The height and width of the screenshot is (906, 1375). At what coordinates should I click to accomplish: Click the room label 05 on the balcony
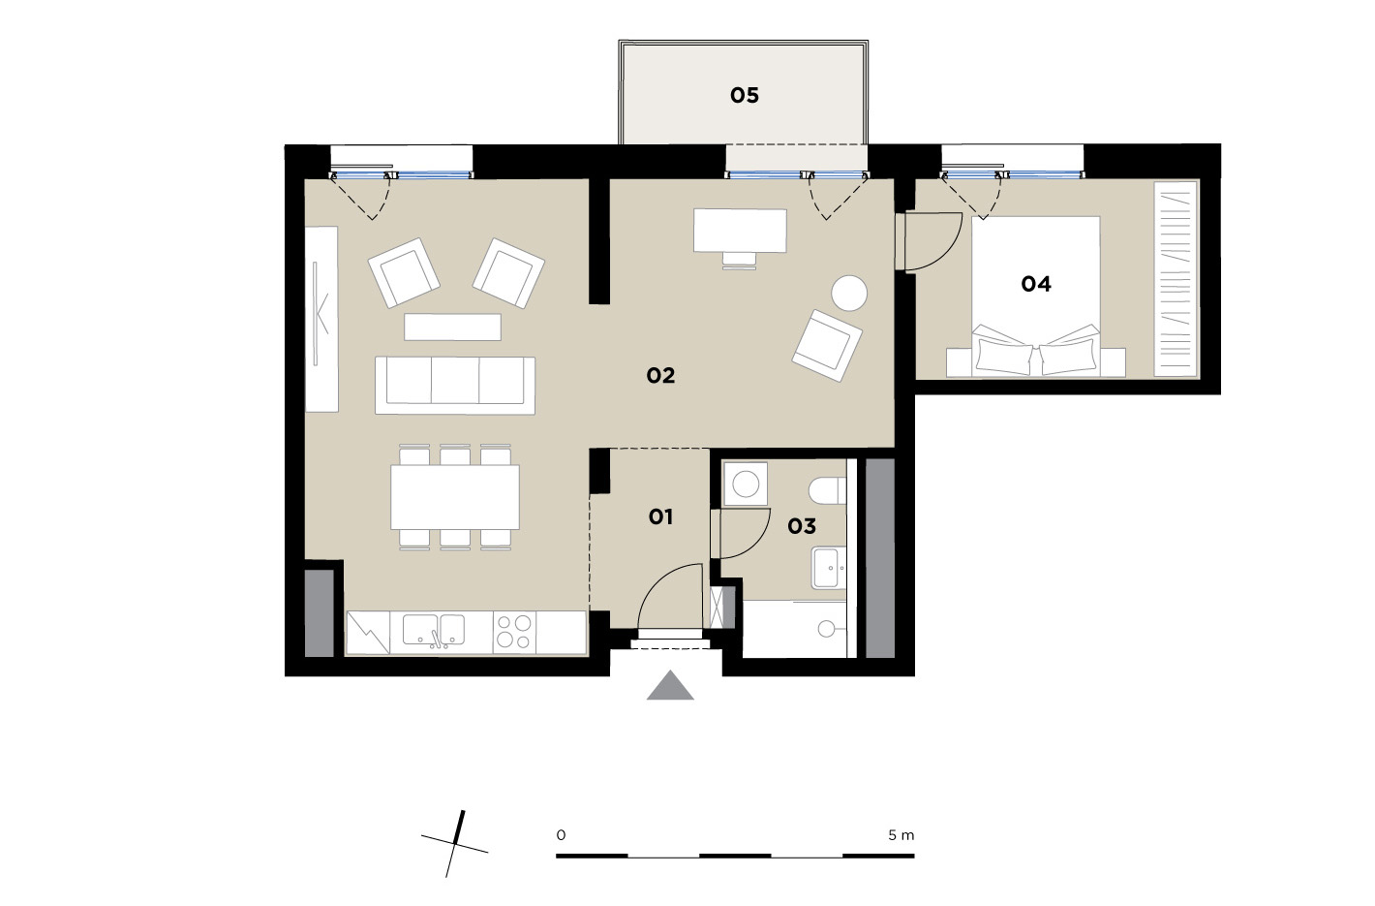(744, 95)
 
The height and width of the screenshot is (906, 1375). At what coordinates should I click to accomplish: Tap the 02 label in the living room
(660, 375)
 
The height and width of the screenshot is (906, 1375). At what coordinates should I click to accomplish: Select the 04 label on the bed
(1036, 284)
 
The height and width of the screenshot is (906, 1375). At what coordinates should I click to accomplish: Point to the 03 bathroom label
(802, 526)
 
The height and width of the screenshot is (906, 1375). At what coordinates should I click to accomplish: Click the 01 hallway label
(660, 517)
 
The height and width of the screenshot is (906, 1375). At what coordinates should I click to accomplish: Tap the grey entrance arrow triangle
(670, 685)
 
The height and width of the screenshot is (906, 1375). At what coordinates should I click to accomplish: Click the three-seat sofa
(455, 385)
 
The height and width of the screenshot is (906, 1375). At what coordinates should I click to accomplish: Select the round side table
(849, 293)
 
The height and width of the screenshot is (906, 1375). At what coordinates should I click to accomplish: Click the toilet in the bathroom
(828, 490)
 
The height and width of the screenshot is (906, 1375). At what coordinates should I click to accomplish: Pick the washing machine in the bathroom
(746, 484)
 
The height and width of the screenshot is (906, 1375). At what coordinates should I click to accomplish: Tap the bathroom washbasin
(829, 568)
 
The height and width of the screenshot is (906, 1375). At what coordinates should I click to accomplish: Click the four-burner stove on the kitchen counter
(514, 632)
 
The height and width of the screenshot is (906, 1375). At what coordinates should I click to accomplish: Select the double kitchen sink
(434, 631)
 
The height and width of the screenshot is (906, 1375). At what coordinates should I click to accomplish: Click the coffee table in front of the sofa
(452, 327)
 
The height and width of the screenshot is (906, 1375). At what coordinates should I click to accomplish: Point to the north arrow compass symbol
(455, 844)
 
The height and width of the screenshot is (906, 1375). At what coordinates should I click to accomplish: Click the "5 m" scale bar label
(901, 835)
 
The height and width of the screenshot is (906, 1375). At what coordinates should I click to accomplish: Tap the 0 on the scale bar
(561, 835)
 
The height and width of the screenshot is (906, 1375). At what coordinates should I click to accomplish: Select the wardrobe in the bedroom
(1176, 279)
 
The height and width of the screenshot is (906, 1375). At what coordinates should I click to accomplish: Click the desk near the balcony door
(740, 231)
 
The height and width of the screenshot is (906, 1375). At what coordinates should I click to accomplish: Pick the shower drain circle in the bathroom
(826, 628)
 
